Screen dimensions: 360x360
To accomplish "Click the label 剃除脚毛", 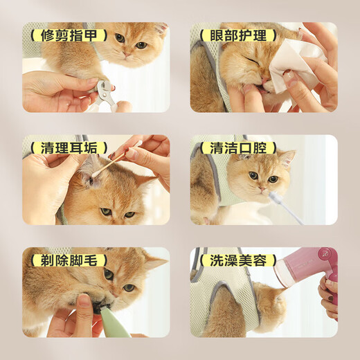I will pos(64,261).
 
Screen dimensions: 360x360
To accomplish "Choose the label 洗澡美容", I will pos(233,261).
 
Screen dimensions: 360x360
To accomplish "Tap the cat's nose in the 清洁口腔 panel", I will pos(261,187).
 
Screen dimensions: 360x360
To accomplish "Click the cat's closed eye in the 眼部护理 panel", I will pos(247,59).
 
